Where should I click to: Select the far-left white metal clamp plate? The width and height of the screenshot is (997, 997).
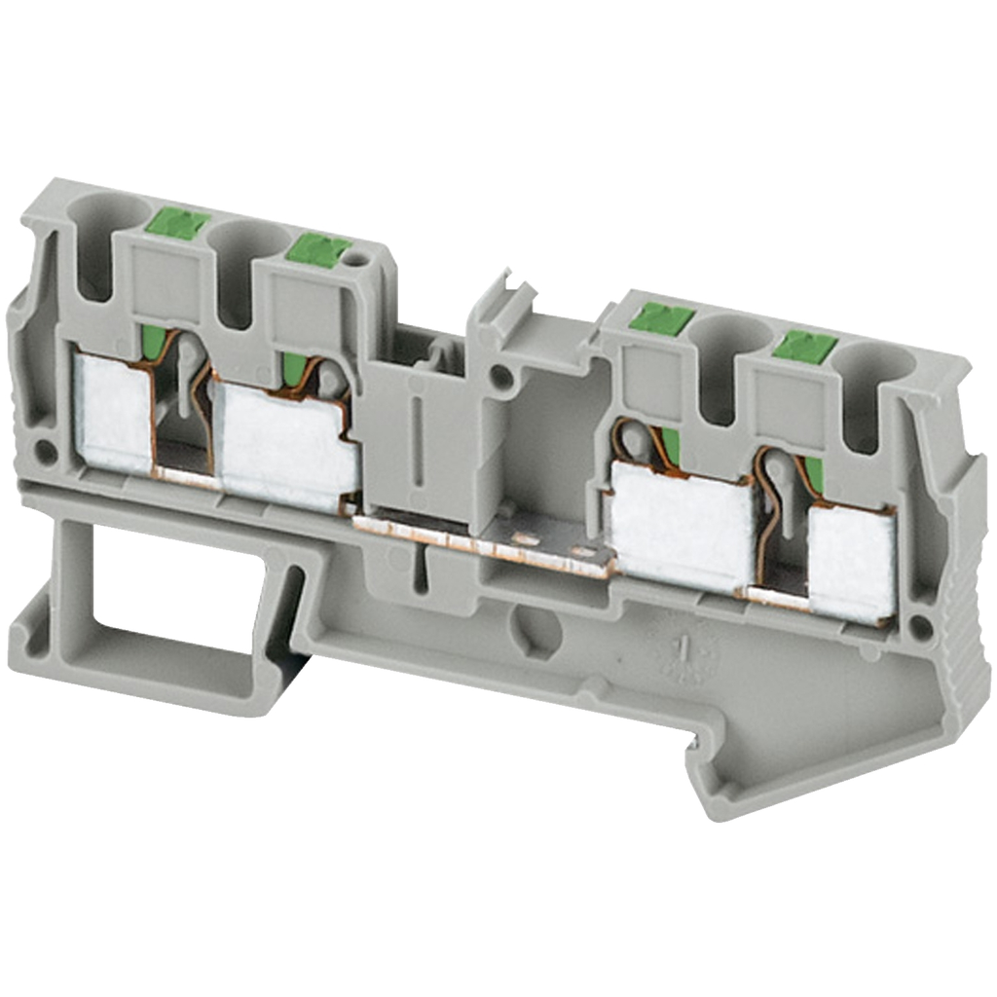[113, 413]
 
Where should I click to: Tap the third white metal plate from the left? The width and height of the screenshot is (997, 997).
[681, 526]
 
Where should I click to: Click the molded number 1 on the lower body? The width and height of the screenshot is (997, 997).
[685, 646]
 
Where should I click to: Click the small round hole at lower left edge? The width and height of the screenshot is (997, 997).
[44, 450]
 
